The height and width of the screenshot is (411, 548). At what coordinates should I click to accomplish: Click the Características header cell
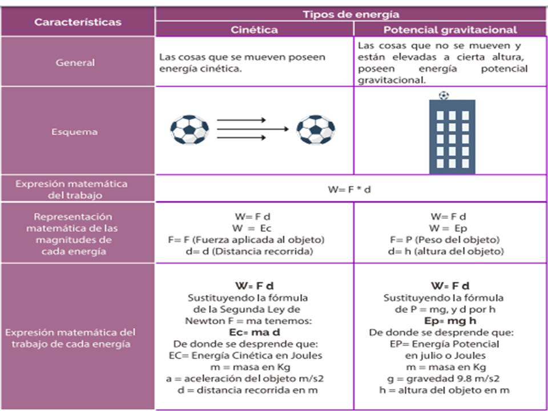coord(78,22)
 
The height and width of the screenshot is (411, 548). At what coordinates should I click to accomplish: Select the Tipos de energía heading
coord(351,14)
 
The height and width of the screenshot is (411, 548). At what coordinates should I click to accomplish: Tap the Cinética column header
coord(254,29)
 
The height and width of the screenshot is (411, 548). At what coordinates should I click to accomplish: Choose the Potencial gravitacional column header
coord(450,29)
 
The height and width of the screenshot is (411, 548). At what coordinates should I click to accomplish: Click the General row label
coord(75,63)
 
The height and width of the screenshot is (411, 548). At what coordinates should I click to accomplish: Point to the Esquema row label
coord(74,132)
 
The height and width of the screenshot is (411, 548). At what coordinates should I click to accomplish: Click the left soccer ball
coord(190,130)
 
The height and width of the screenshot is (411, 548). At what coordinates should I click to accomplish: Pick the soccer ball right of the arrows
coord(316,130)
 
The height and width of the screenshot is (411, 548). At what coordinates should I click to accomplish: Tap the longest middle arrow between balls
coord(253,130)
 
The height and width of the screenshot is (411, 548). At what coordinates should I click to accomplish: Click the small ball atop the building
coord(444,95)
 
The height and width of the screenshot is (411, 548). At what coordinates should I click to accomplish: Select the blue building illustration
coord(452,136)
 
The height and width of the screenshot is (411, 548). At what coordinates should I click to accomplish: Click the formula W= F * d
coord(349,190)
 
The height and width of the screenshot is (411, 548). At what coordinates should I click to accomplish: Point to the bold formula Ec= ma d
coord(255,332)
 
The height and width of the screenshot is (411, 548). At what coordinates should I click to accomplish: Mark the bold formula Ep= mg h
coord(450,321)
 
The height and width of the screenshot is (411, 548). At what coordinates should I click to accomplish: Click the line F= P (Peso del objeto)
coord(445,240)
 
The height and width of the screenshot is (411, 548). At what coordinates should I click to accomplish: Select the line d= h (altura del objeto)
coord(446,251)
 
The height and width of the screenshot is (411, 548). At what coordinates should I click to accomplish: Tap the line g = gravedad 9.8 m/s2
coord(444,378)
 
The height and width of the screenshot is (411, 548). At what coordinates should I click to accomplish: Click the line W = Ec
coord(252,228)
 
